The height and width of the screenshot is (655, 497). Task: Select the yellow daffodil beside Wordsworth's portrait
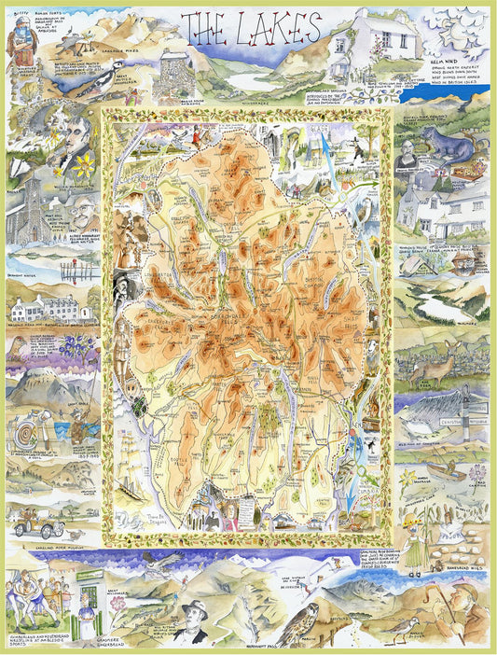pos(85,168)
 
